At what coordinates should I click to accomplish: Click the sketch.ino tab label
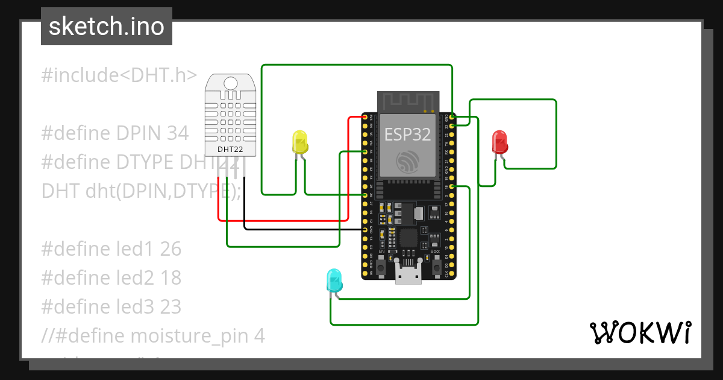click(106, 27)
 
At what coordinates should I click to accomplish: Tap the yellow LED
click(299, 142)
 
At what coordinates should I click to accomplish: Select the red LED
click(499, 142)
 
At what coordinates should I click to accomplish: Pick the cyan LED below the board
click(333, 281)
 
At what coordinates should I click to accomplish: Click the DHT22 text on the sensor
click(227, 149)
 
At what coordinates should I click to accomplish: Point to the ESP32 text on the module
click(408, 134)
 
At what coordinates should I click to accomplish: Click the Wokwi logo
click(640, 333)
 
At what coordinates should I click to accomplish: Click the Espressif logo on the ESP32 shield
click(408, 161)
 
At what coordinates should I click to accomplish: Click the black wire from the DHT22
click(301, 229)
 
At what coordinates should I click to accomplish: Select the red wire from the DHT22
click(283, 221)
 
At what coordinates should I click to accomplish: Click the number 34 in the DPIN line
click(178, 133)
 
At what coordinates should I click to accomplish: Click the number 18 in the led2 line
click(171, 278)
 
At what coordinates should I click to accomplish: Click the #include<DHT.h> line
click(119, 75)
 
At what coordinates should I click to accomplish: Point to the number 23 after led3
click(171, 307)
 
